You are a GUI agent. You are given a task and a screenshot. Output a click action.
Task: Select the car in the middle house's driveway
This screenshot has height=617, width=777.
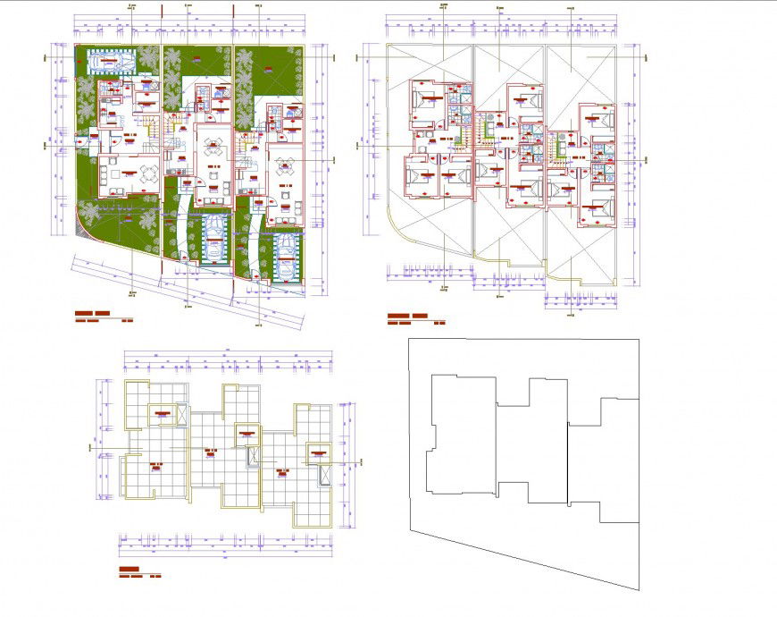pyautogui.click(x=214, y=236)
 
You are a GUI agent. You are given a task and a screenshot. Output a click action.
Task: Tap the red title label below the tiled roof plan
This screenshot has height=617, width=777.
pyautogui.click(x=129, y=569)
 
